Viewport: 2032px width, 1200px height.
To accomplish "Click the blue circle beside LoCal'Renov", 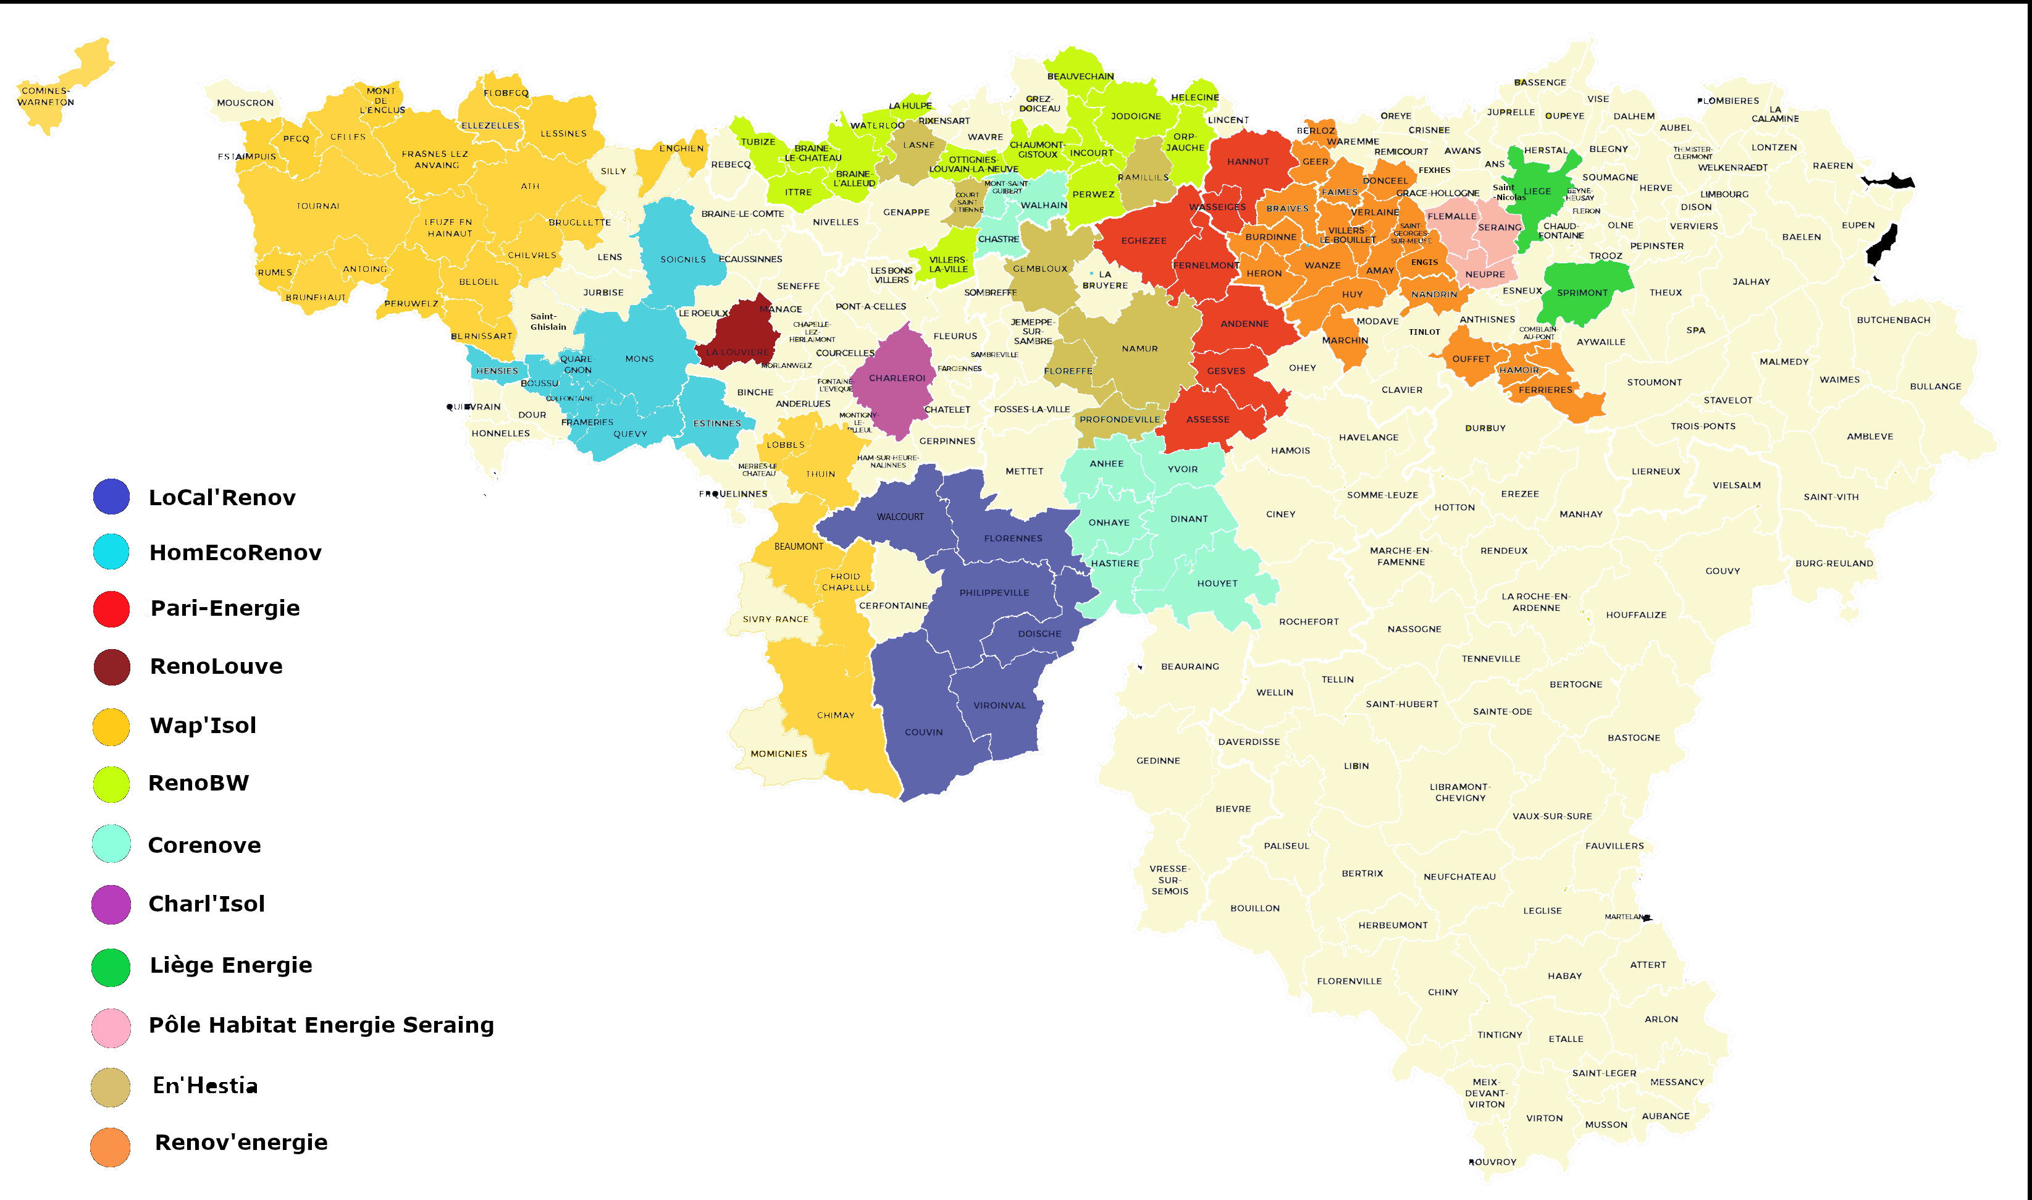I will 112,497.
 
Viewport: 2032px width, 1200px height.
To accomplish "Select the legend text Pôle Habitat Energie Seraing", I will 321,1025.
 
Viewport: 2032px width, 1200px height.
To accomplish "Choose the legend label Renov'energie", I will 241,1142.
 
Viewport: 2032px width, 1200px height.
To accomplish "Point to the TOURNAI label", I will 318,206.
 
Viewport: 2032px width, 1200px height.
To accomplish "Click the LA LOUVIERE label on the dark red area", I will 737,352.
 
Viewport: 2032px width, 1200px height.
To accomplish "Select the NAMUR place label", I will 1140,348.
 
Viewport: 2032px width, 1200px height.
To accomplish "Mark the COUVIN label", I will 923,732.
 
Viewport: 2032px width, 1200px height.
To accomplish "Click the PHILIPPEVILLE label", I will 994,593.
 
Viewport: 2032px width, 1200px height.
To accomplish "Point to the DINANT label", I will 1189,519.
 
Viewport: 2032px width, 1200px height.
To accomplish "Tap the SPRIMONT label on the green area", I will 1582,293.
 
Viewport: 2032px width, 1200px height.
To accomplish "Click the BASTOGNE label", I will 1634,737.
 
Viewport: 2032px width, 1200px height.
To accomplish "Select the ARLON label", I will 1661,1019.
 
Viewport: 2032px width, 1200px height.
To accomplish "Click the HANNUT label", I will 1248,162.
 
